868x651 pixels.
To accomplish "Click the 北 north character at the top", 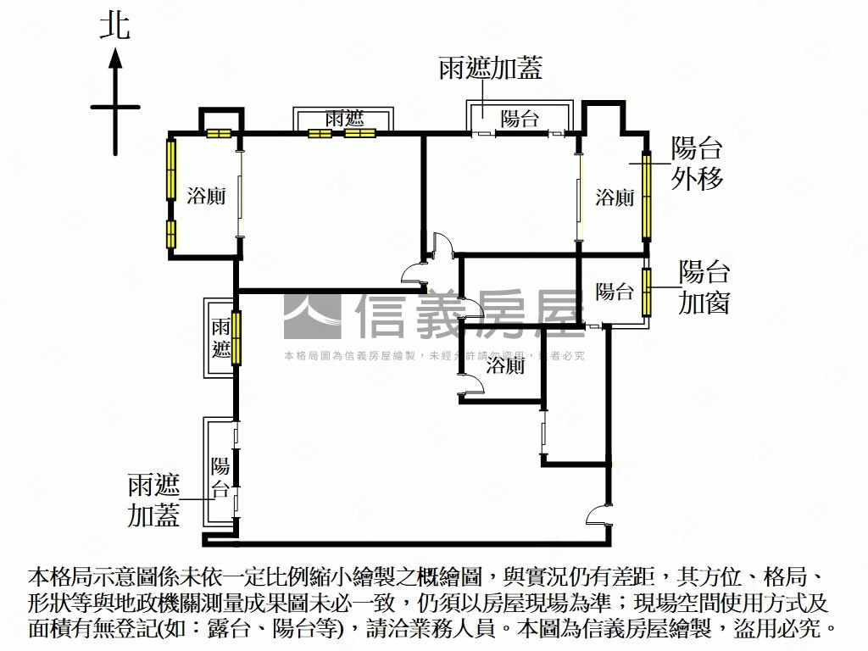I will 115,25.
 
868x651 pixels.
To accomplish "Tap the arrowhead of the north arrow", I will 115,58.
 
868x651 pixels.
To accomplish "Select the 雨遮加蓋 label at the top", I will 491,69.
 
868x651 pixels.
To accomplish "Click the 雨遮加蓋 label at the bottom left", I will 154,499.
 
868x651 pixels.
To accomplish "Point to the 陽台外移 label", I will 697,163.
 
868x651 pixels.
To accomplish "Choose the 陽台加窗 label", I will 704,287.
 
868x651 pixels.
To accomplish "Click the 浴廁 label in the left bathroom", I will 206,197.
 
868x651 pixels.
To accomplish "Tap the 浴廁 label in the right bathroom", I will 615,198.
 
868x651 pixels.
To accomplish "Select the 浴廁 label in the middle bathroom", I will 505,366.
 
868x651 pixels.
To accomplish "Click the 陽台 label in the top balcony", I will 520,119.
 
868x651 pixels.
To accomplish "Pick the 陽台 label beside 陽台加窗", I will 615,292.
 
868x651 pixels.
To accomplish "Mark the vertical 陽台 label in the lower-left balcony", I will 220,476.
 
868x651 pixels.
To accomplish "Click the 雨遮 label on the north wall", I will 343,119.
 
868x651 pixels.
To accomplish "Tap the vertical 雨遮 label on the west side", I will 221,338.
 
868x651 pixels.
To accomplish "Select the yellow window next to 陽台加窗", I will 647,292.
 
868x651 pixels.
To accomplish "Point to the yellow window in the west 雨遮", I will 236,337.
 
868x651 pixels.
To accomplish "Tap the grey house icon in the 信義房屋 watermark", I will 312,315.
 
